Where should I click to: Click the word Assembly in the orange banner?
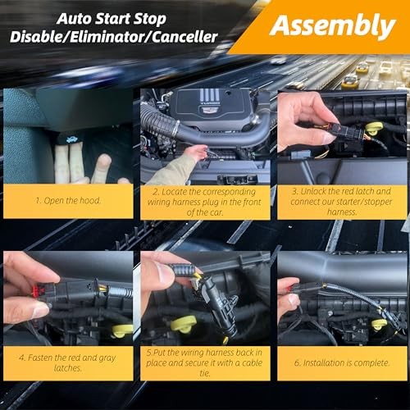(x=332, y=26)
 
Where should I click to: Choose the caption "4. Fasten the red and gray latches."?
(x=68, y=362)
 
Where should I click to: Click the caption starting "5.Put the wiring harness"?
(x=205, y=362)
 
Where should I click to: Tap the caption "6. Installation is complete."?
(x=342, y=362)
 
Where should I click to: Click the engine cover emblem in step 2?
(x=212, y=107)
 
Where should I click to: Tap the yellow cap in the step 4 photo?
(x=122, y=330)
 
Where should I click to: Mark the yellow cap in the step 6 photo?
(x=380, y=325)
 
